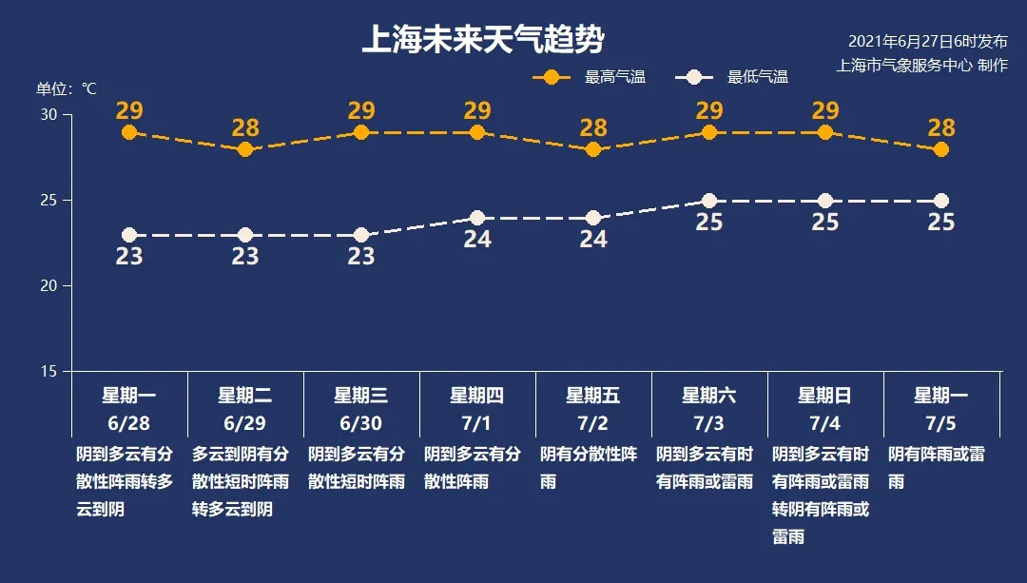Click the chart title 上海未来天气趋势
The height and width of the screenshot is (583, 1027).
point(482,40)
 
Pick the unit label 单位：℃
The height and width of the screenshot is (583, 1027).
point(67,88)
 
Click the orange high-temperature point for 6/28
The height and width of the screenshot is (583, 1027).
point(129,132)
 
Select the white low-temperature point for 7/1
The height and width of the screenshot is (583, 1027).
point(477,219)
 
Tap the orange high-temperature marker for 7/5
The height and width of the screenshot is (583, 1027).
point(941,149)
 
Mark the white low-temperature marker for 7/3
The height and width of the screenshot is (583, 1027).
point(709,201)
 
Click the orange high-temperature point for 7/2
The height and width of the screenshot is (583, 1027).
point(593,149)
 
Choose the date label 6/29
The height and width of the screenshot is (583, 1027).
point(245,422)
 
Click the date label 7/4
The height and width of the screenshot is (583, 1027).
point(825,422)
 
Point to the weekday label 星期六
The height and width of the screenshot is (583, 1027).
point(709,396)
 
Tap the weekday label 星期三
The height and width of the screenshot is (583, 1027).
point(361,396)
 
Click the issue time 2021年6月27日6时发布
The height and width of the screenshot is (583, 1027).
point(927,42)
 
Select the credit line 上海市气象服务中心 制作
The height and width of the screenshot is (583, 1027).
point(921,65)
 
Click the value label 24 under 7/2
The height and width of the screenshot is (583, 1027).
point(593,239)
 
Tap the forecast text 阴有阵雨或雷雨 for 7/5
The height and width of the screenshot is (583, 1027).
point(936,467)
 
